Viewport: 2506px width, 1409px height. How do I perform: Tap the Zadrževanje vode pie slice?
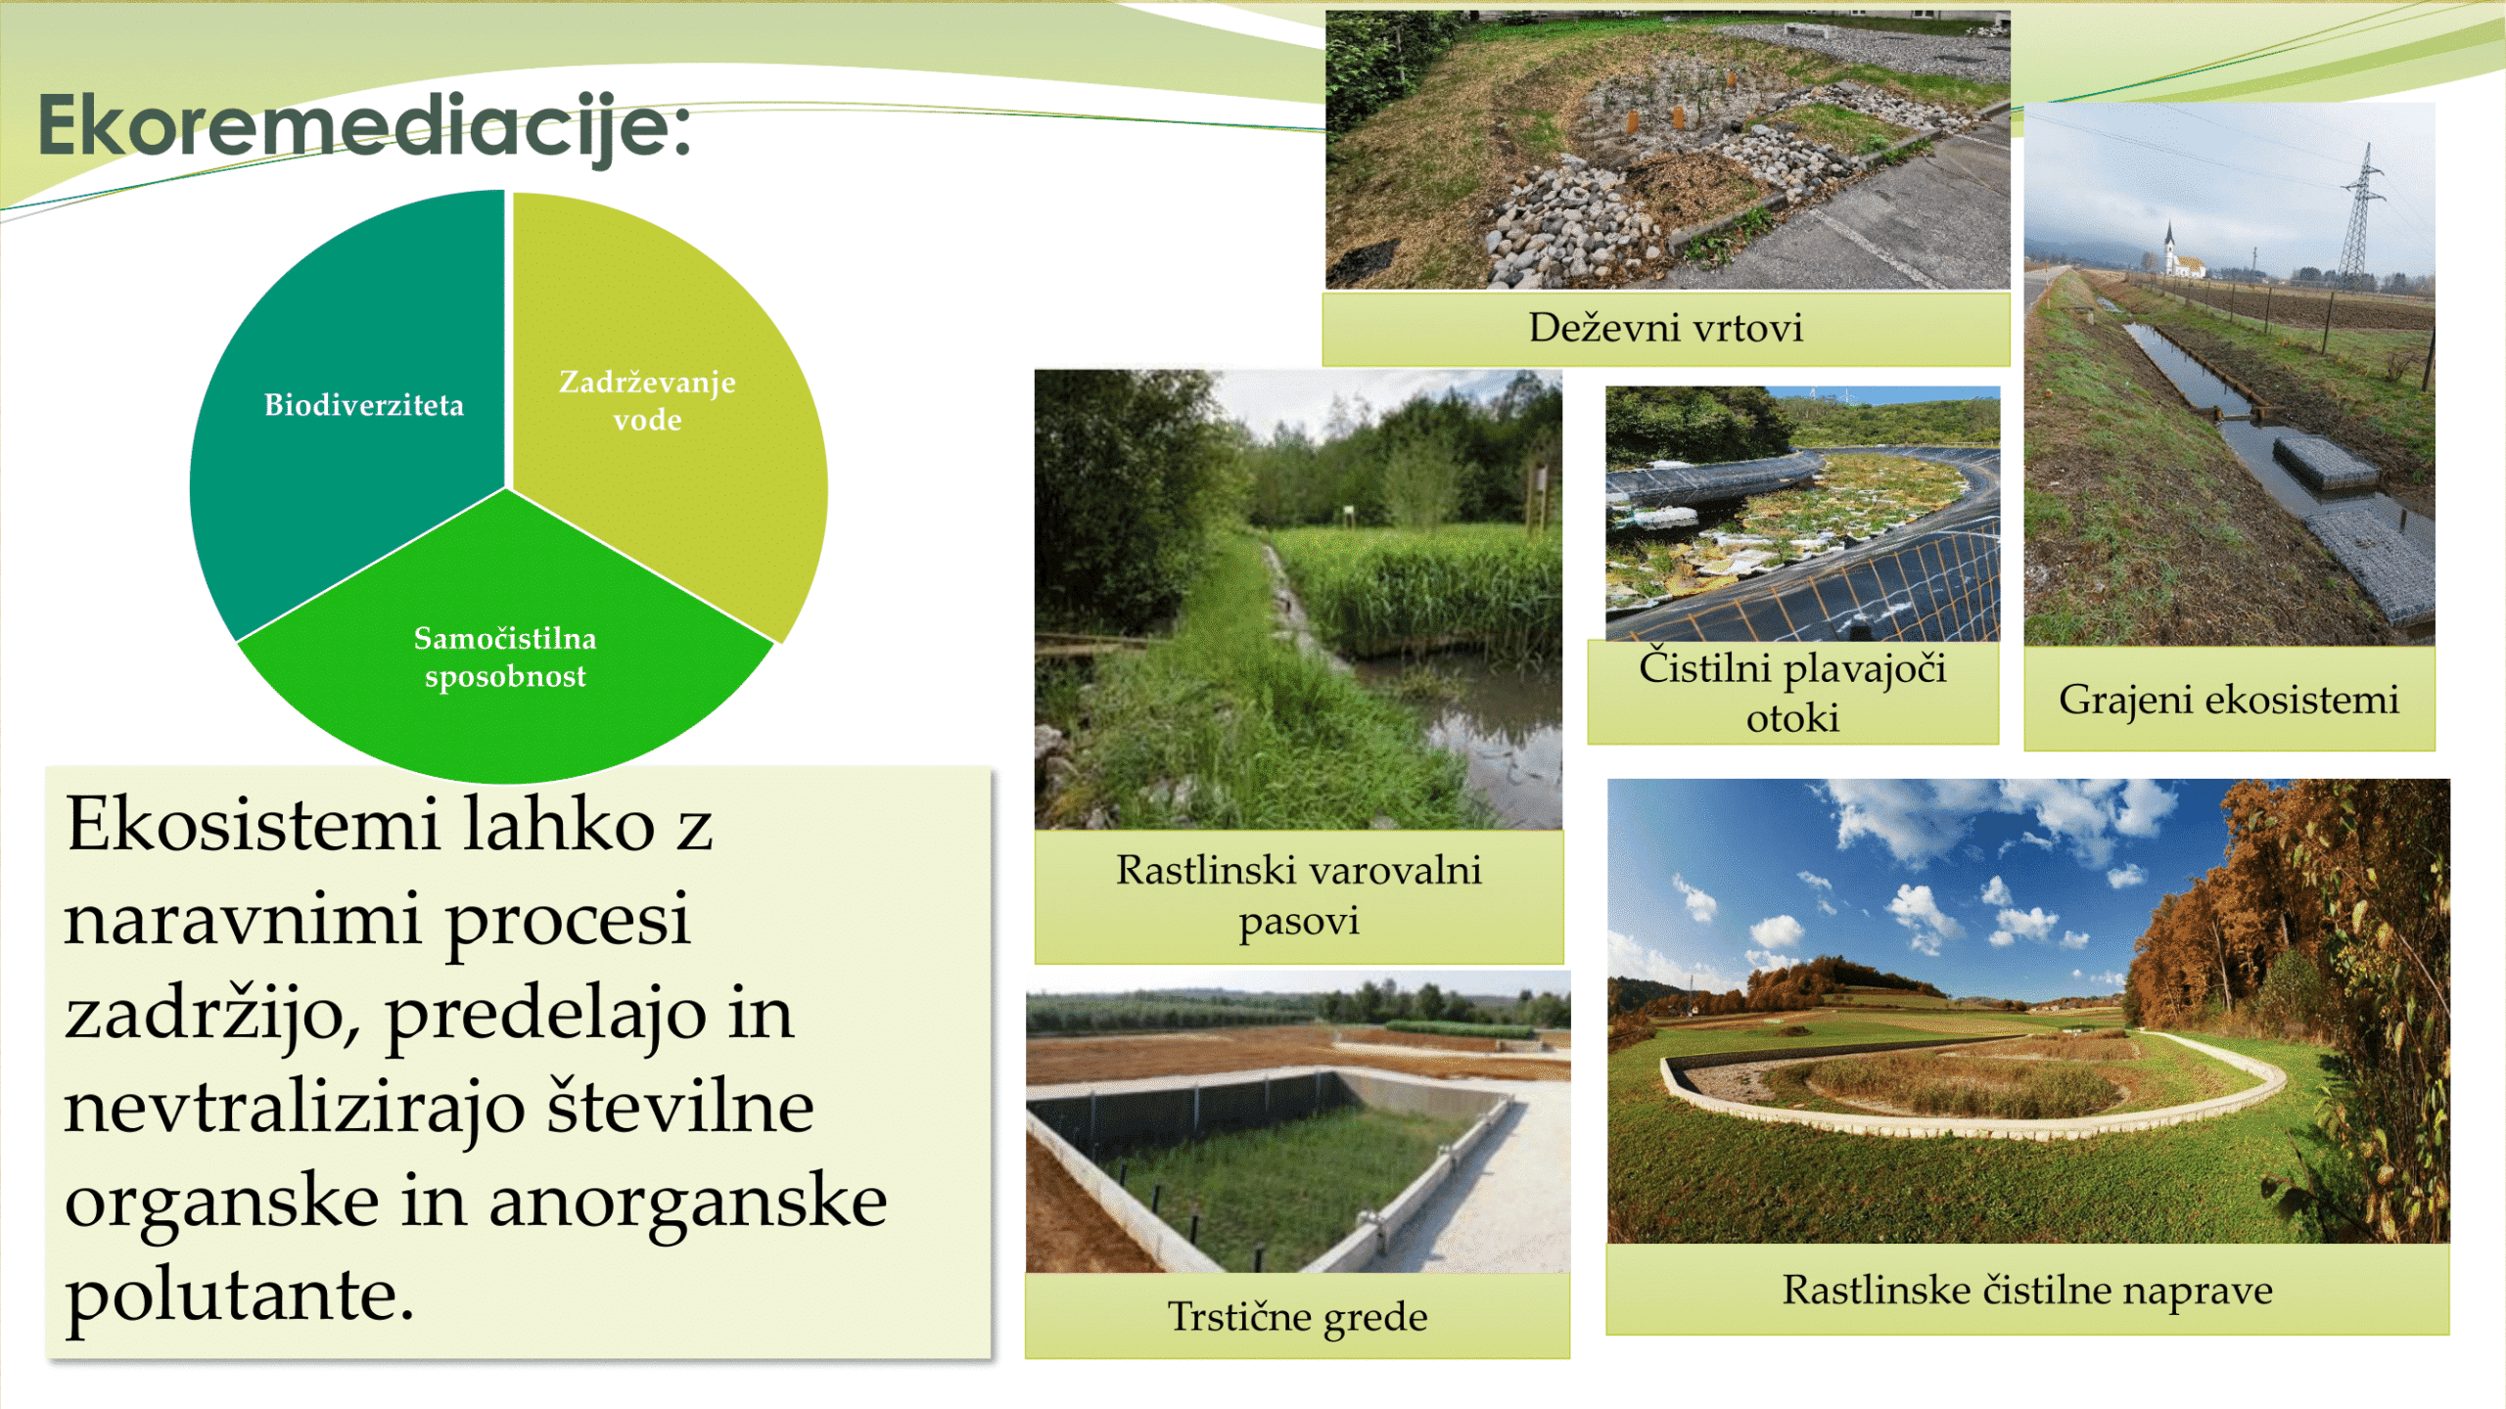(675, 411)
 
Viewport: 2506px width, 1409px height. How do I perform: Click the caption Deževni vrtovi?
(1665, 328)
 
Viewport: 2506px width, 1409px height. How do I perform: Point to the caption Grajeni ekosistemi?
(2229, 700)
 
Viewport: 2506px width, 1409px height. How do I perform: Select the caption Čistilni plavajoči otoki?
(1792, 692)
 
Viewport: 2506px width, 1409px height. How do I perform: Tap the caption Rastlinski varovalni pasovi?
(1299, 895)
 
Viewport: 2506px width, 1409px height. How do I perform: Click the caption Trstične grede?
(1297, 1316)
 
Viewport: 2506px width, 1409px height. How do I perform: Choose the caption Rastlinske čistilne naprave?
(2027, 1290)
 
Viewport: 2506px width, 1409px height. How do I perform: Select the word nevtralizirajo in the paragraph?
(294, 1108)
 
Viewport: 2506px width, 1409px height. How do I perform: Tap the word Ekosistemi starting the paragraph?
(252, 824)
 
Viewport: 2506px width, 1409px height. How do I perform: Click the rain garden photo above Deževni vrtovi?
(1667, 150)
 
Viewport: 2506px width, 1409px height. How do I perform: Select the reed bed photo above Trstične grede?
(1298, 1122)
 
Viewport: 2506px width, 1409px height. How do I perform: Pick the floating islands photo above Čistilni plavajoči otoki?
(1802, 514)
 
